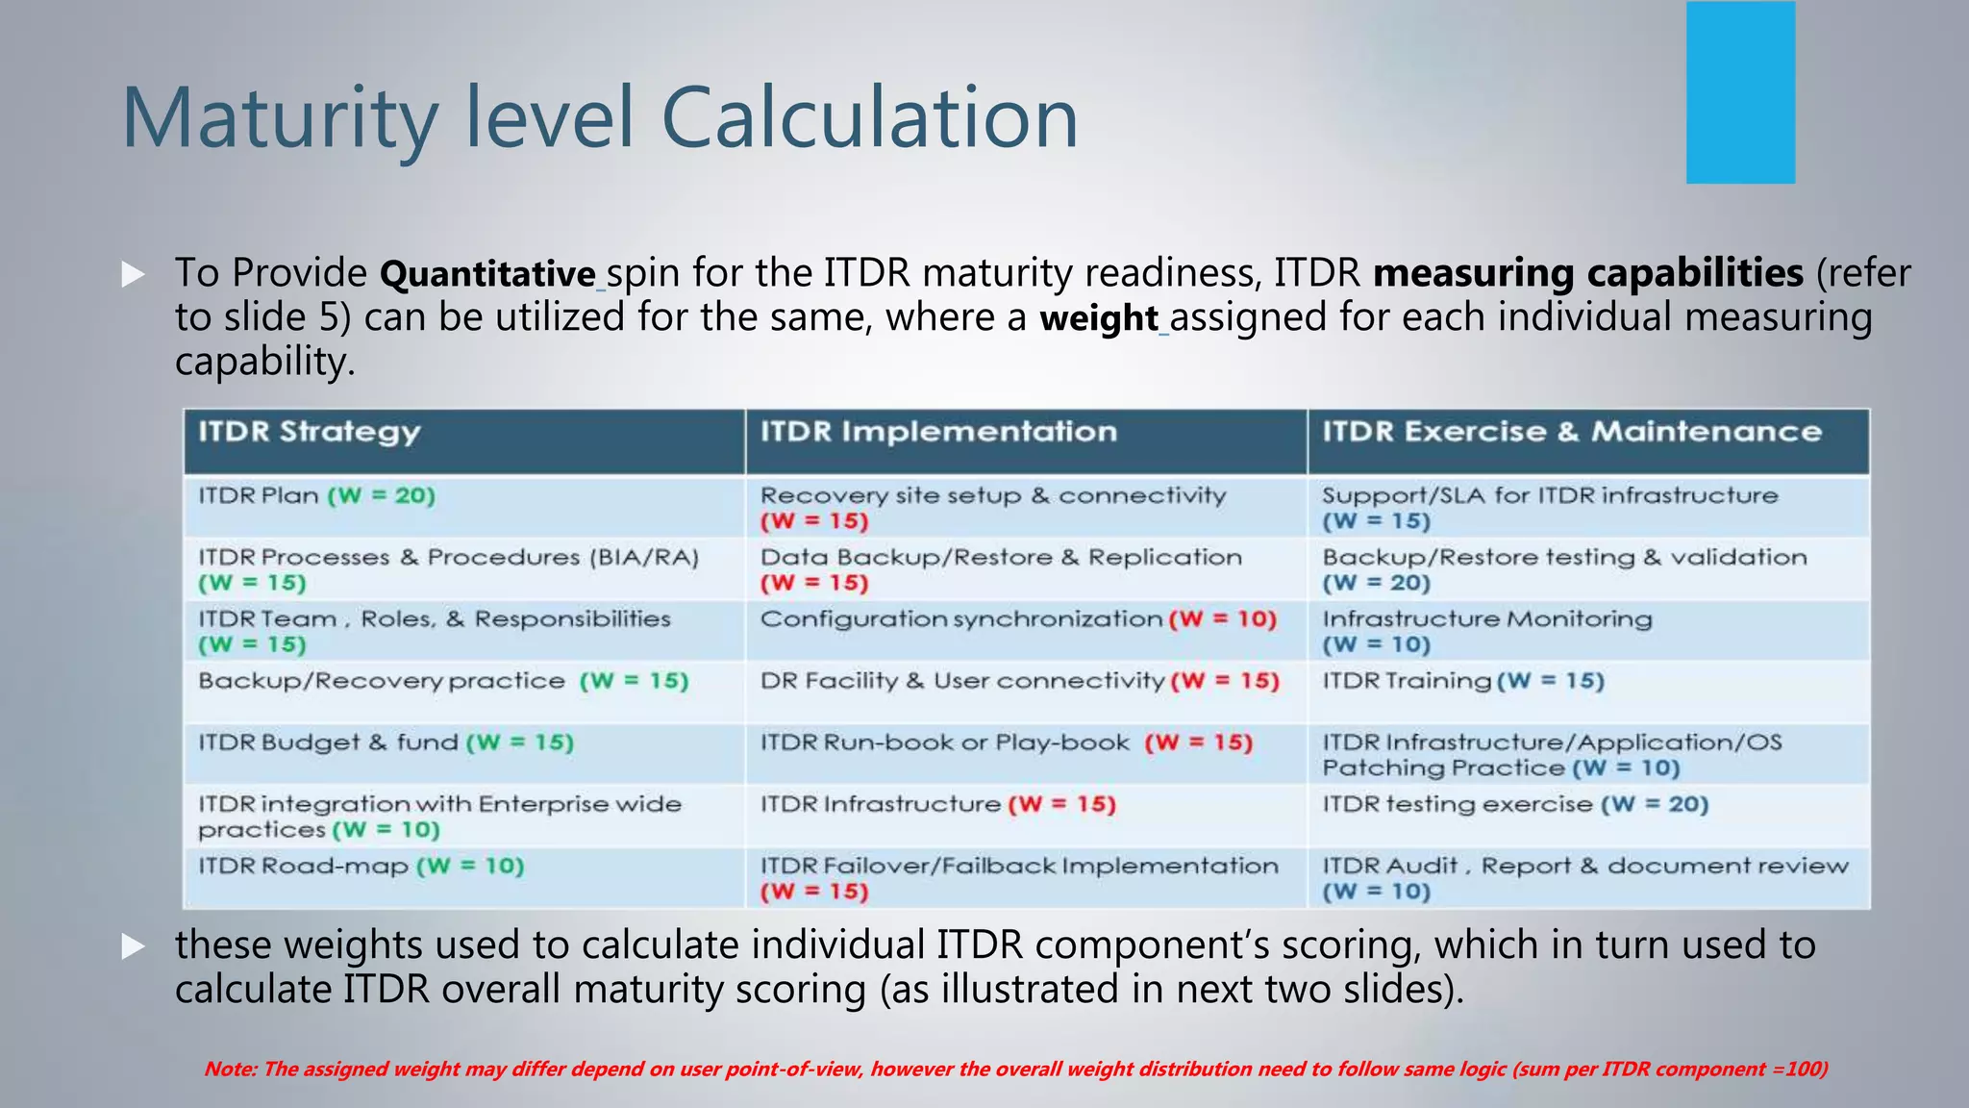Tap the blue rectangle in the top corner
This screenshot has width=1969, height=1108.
[x=1740, y=92]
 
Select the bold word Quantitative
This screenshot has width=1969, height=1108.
[x=487, y=274]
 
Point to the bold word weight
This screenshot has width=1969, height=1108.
[x=1099, y=318]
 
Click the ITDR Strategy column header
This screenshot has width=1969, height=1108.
[x=310, y=432]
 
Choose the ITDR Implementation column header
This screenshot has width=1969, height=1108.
[x=938, y=432]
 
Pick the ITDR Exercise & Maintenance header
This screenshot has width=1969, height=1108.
[x=1571, y=432]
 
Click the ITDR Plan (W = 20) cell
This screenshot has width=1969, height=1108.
[x=317, y=496]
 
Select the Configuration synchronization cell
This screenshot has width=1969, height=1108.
[x=1018, y=619]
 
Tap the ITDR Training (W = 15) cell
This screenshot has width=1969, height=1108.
[x=1463, y=681]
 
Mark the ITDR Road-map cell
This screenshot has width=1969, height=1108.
[x=361, y=867]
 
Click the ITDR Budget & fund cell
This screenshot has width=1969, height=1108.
[x=386, y=743]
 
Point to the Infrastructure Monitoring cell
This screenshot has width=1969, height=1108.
[x=1486, y=631]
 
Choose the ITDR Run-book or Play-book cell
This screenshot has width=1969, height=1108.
[x=1007, y=743]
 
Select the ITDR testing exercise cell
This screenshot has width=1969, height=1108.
[x=1515, y=804]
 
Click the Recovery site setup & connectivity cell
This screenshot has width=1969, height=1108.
[x=993, y=507]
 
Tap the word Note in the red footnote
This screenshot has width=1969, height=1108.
[x=229, y=1069]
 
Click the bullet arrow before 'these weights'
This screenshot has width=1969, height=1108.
[x=134, y=947]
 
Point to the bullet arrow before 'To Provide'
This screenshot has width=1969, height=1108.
[x=134, y=275]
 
